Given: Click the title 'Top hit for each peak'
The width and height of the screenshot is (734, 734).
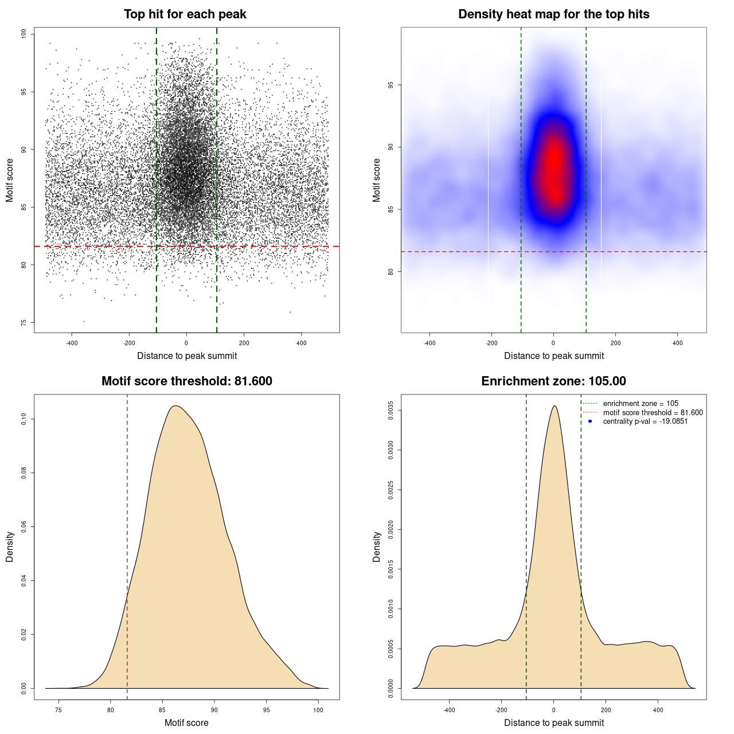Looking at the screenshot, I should pos(185,14).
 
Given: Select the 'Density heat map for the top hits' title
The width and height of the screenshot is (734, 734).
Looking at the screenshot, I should pos(553,14).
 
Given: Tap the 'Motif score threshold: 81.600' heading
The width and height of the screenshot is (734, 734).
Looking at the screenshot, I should pos(186,381).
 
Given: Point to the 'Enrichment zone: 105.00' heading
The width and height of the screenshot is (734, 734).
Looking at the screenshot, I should pos(553,381).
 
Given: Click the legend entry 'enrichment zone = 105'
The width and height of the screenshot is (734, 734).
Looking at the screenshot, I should pos(641,404).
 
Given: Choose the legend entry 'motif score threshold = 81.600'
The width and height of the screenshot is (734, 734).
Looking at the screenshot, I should pos(653,413).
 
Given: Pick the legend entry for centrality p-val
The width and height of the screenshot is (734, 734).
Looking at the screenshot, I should pos(645,421).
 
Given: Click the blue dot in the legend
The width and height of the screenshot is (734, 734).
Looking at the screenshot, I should pos(590,421).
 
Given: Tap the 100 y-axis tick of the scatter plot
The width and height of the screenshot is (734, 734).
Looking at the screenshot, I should pos(24,34).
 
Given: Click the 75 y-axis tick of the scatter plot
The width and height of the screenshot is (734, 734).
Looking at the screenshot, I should pos(24,323).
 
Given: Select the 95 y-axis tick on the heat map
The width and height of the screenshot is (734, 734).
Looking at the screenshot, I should pos(391,85).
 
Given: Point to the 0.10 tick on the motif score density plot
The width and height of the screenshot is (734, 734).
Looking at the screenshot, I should pos(24,419).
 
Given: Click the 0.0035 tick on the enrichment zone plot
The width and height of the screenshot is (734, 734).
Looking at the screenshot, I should pos(391,411).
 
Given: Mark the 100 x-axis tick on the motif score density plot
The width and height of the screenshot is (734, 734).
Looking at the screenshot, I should pos(318,710).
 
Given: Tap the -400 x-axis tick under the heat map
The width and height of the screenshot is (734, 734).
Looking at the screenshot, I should pos(430,343).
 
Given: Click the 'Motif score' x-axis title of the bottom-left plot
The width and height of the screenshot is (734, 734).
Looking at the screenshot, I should pos(186,723).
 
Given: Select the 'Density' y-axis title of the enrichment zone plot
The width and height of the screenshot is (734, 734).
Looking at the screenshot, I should pos(377,546).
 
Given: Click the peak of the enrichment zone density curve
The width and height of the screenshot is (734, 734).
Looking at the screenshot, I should pos(554,407).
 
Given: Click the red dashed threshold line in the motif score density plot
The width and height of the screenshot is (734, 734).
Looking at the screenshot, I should pos(127,545).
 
